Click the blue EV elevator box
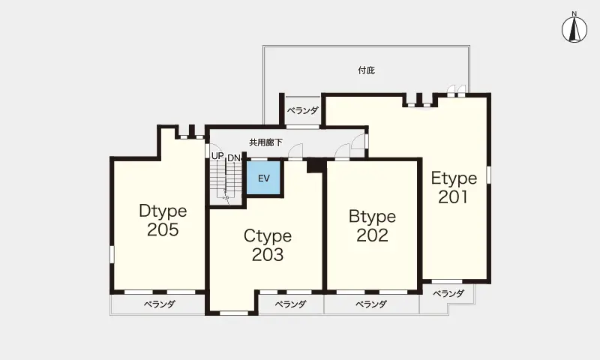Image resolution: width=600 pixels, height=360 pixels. tap(264, 178)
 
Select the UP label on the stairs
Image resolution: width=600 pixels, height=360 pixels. tap(217, 156)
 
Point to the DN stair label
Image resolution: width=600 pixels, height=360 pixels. tap(234, 158)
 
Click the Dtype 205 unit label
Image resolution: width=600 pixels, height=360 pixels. tap(163, 220)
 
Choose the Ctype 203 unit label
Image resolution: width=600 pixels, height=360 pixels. tap(268, 245)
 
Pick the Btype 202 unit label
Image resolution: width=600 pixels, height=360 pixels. tap(372, 226)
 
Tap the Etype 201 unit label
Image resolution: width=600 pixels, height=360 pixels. tap(454, 187)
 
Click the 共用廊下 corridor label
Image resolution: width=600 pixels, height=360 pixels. tap(266, 142)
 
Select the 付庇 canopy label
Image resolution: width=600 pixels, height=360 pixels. tap(366, 70)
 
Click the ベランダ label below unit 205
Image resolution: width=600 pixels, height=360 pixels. tap(160, 304)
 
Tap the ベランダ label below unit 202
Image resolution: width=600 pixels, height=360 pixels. tap(371, 304)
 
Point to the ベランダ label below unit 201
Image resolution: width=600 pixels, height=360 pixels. tap(448, 293)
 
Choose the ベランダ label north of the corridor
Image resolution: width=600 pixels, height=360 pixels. tap(303, 110)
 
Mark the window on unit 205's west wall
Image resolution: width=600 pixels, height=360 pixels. tap(112, 254)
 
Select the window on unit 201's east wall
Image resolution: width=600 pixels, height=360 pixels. tap(489, 175)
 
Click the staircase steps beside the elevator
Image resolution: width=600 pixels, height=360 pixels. tap(226, 179)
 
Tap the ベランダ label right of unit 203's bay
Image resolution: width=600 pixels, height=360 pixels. tap(291, 304)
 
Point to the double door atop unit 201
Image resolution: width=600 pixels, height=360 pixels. tap(457, 90)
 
